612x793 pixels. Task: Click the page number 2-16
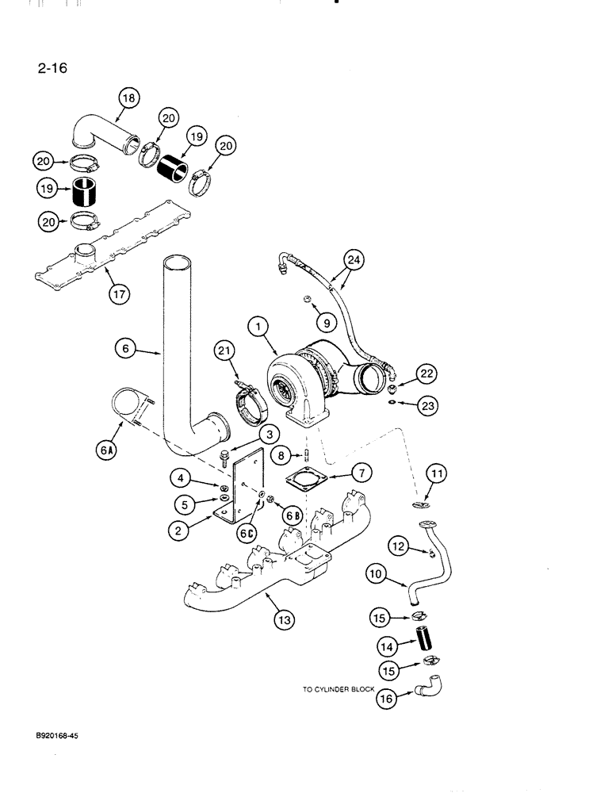52,68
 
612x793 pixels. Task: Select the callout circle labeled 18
128,98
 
